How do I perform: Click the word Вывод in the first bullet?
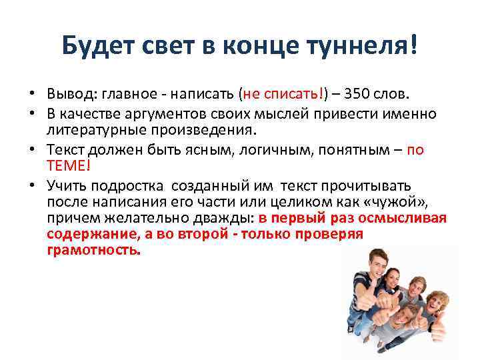[69, 92]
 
